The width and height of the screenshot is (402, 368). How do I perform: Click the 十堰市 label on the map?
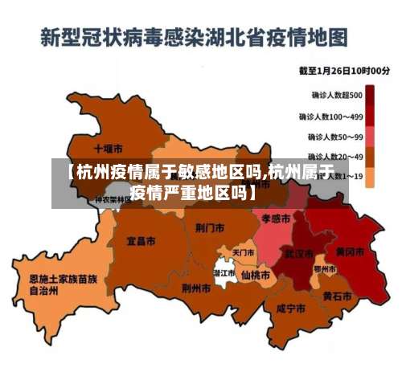pyautogui.click(x=108, y=149)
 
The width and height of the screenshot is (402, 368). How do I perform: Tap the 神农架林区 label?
pyautogui.click(x=113, y=198)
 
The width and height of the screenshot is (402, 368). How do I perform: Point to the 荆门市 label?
pyautogui.click(x=209, y=227)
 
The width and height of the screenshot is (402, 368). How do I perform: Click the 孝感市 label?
pyautogui.click(x=276, y=218)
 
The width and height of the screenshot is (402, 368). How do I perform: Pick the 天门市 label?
pyautogui.click(x=243, y=252)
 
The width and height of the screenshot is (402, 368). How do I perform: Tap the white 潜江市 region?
pyautogui.click(x=224, y=272)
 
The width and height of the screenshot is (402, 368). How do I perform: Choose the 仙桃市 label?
pyautogui.click(x=256, y=275)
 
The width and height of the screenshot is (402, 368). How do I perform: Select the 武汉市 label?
pyautogui.click(x=298, y=254)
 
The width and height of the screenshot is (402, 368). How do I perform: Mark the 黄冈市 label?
pyautogui.click(x=350, y=251)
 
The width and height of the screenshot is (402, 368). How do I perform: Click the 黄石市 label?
pyautogui.click(x=337, y=296)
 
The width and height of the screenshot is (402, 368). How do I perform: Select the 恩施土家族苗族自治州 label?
pyautogui.click(x=63, y=285)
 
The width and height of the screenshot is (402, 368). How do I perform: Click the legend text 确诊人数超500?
pyautogui.click(x=337, y=95)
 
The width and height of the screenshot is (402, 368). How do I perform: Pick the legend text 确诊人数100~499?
pyautogui.click(x=337, y=116)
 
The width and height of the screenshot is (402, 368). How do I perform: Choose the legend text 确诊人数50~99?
pyautogui.click(x=337, y=137)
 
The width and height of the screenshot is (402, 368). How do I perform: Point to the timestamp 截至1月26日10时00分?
pyautogui.click(x=344, y=71)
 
